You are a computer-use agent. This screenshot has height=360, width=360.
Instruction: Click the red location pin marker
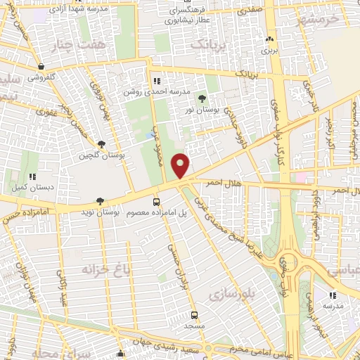tap(182, 165)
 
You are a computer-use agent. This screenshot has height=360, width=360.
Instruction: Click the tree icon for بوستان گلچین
tap(102, 144)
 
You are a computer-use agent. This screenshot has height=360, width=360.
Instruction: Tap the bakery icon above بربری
tap(270, 39)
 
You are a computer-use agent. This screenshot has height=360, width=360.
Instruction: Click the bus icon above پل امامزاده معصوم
tap(157, 202)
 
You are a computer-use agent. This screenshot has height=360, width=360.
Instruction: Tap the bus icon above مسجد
tap(195, 316)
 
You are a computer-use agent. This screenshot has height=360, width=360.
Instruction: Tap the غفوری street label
tap(47, 111)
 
